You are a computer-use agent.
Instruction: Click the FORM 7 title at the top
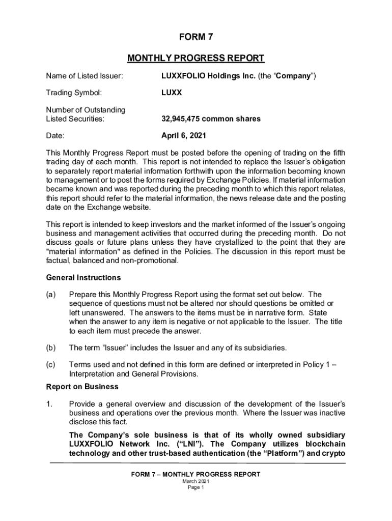point(195,37)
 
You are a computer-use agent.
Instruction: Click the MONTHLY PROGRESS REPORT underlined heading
point(195,58)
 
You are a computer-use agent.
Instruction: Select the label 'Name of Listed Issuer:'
point(84,76)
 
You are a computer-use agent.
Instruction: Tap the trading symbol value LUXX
point(172,93)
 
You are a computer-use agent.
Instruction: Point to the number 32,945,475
point(182,119)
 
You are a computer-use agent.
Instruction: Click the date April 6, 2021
point(184,136)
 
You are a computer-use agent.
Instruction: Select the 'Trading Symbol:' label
point(74,93)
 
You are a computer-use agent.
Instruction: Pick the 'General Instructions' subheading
point(83,278)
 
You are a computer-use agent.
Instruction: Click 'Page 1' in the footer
point(195,487)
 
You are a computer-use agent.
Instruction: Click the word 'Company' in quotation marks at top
point(294,76)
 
